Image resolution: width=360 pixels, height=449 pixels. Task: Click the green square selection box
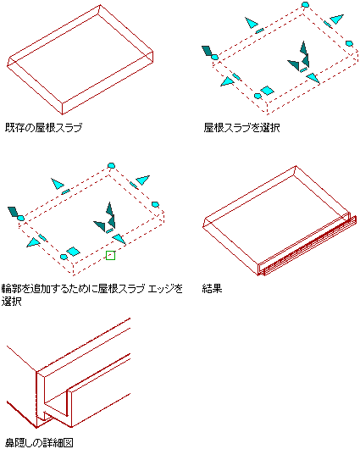[111, 256]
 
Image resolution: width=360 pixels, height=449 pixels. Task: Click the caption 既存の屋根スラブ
[43, 127]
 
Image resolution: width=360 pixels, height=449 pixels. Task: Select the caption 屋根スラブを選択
[241, 127]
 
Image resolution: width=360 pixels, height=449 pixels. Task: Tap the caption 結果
[213, 288]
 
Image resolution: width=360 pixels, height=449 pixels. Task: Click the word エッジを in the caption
[165, 288]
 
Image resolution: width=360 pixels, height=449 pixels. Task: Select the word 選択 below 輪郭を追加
[12, 302]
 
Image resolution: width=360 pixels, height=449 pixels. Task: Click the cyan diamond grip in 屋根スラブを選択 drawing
[267, 91]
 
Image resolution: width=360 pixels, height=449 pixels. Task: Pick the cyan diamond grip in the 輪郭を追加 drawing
[74, 251]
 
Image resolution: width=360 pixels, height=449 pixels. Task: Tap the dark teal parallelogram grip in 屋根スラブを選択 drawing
[207, 51]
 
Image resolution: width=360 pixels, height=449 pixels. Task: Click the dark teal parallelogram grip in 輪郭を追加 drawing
[13, 212]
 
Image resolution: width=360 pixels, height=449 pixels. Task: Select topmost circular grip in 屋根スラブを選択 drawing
[306, 4]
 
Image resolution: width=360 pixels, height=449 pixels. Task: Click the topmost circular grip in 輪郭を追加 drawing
[111, 165]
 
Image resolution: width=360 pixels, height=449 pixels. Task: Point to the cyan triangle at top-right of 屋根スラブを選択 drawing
[337, 19]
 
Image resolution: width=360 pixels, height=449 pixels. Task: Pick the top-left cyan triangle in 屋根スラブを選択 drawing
[251, 23]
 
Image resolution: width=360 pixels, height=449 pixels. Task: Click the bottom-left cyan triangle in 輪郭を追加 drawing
[33, 242]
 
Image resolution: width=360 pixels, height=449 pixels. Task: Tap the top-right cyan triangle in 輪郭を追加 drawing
[143, 180]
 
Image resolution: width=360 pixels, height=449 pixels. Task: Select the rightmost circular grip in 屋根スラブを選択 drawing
[349, 43]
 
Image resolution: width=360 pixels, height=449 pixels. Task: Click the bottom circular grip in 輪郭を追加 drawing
[64, 257]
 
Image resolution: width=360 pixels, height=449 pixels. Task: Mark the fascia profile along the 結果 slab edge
[307, 245]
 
